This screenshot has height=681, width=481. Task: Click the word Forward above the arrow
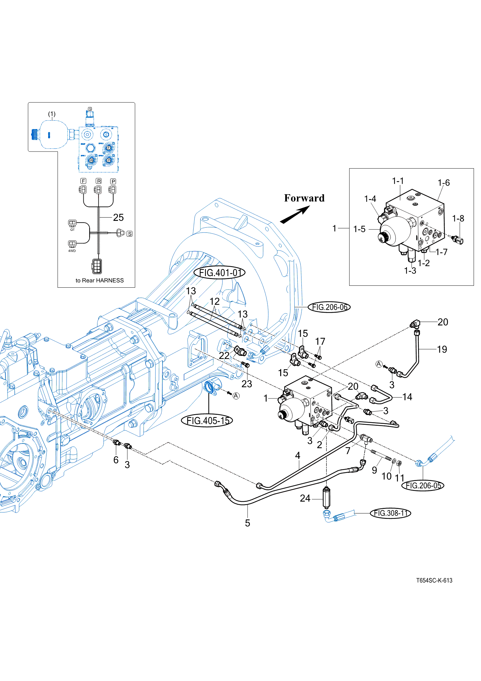point(304,198)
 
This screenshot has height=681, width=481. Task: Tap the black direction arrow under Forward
point(295,215)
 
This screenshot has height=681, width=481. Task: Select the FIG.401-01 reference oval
point(220,273)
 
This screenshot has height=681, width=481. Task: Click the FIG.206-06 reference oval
point(329,307)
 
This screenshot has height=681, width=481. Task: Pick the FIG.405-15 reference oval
point(207,421)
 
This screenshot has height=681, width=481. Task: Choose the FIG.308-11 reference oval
point(390,513)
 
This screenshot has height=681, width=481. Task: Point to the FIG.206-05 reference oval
point(423,485)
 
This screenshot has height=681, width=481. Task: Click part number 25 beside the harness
point(118,218)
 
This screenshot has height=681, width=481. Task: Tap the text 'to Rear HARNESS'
point(99,280)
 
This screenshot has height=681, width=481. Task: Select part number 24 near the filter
point(305,498)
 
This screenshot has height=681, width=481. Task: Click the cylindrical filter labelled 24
point(326,497)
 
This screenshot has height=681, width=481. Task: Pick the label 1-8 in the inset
point(458,219)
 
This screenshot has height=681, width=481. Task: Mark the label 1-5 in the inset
point(359,229)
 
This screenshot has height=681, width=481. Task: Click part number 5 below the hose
point(248,523)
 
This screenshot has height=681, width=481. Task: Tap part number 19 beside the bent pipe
point(442,349)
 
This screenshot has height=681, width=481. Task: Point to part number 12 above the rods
point(215,301)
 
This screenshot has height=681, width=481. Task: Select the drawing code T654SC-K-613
point(434,581)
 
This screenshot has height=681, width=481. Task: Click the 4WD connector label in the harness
point(72,251)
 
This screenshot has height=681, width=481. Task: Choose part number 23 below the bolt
point(247,384)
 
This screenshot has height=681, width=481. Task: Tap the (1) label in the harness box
point(52,114)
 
